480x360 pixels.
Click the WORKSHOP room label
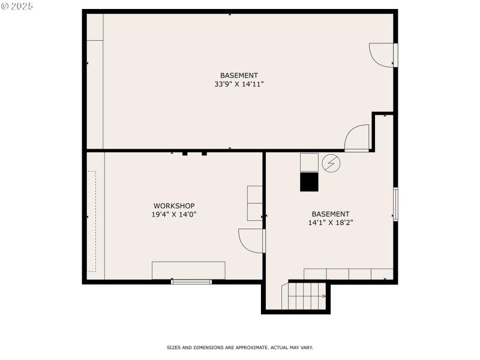point(174,206)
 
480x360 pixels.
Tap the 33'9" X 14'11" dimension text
point(239,84)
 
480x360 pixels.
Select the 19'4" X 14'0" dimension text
point(174,214)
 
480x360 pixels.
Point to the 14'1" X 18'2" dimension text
point(330,222)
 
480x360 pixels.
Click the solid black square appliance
point(309,182)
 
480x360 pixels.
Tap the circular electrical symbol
point(330,163)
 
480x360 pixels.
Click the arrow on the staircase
point(325,296)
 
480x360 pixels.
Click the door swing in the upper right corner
point(382,54)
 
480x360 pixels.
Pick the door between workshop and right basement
point(252,240)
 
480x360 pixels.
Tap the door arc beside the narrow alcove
point(358,138)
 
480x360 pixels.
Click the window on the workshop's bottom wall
point(191,281)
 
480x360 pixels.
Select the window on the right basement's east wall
point(395,204)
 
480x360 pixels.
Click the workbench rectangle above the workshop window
point(188,270)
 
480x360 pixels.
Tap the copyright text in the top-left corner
point(17,6)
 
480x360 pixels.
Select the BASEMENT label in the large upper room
point(239,76)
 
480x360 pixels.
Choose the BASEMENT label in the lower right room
point(330,214)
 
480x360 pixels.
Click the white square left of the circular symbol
point(309,162)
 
